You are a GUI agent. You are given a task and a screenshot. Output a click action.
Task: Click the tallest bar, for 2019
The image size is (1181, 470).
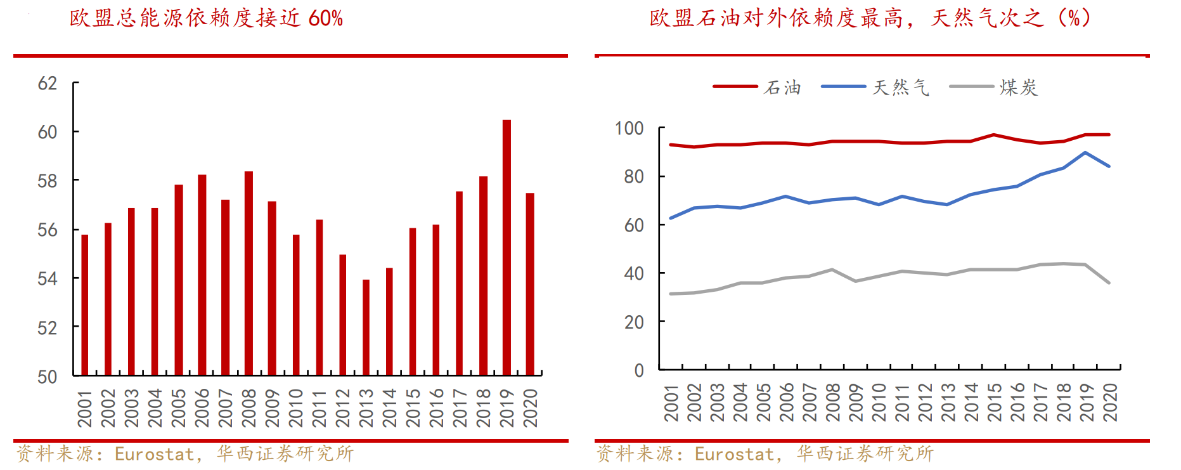(507, 247)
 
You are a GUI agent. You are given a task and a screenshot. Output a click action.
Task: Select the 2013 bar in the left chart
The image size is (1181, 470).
(366, 327)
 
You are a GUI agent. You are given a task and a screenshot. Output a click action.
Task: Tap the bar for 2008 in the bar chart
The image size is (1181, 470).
(248, 273)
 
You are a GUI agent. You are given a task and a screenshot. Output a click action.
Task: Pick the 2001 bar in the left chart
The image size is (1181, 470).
(85, 305)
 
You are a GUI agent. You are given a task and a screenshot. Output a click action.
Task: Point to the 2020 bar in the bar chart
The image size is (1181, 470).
(530, 284)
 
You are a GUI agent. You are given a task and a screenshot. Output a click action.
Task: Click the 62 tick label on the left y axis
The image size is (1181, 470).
(48, 83)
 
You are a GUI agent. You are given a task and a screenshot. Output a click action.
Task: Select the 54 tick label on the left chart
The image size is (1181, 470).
(48, 278)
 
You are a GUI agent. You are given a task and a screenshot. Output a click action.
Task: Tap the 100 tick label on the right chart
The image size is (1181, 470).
(629, 128)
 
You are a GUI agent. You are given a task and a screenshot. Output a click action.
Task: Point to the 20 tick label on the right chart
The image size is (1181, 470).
(634, 322)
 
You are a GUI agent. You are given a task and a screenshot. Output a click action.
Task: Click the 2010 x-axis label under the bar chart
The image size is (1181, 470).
(296, 408)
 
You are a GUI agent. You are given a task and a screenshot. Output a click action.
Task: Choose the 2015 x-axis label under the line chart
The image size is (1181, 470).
(995, 402)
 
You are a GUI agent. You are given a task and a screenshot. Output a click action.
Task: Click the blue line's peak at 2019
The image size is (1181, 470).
(1085, 152)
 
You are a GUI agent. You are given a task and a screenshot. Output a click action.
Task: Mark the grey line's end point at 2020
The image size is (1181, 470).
(1109, 283)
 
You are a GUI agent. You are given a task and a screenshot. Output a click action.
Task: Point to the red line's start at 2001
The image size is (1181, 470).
(671, 145)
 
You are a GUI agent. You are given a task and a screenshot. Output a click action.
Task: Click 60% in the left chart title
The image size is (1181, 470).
(326, 18)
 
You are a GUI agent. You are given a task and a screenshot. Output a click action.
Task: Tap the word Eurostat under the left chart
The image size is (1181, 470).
(154, 454)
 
